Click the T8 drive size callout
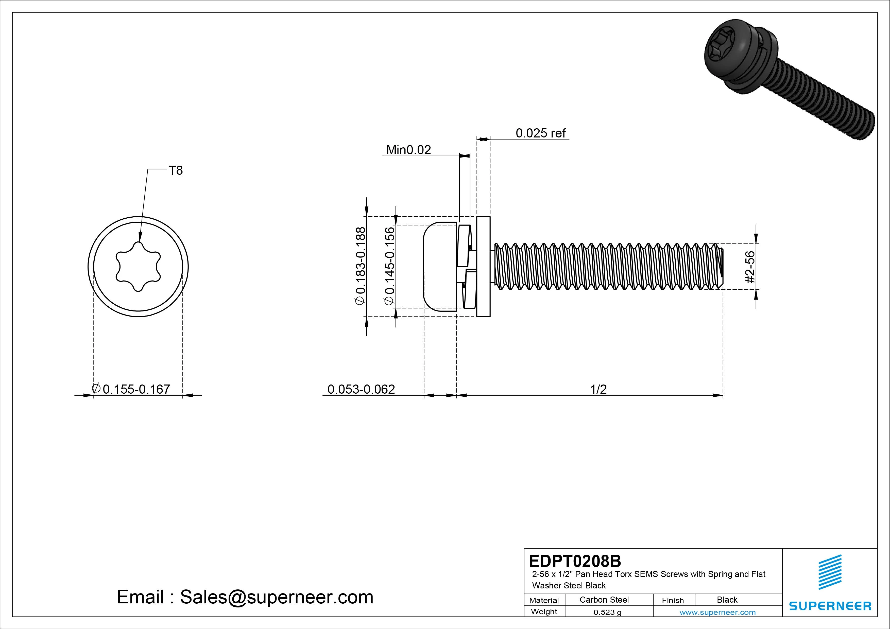coord(176,170)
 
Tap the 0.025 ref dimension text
coord(540,133)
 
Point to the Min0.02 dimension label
coord(408,150)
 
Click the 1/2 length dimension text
coord(598,389)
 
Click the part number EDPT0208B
coord(575,561)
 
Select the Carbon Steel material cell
coord(604,600)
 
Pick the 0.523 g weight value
coord(607,612)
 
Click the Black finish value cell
coord(727,600)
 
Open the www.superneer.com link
coord(717,612)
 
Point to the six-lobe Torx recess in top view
coord(138,267)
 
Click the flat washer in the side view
coord(483,267)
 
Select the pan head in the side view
coord(440,267)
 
